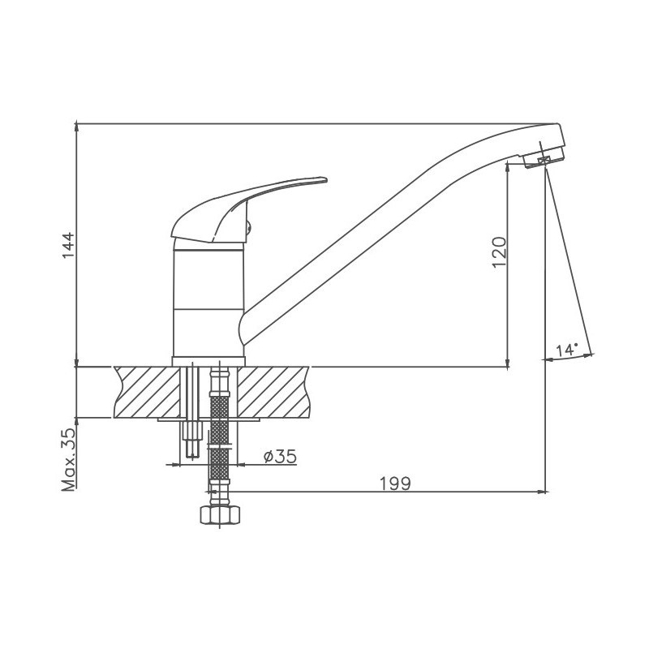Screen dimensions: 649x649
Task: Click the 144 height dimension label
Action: coord(68,246)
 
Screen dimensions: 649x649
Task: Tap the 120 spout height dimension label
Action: coord(500,252)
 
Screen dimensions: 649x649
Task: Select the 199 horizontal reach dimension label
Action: coord(396,483)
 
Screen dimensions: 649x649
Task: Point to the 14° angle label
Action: coord(566,350)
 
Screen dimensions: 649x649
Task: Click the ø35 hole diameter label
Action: coord(280,456)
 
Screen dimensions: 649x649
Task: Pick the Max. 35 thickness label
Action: coord(69,459)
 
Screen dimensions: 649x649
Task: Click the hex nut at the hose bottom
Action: coord(220,514)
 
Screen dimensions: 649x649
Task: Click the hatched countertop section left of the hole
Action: coord(148,392)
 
